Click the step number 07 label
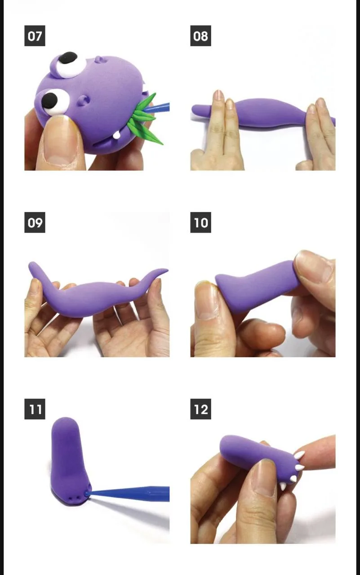tap(35, 35)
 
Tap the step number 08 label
tap(200, 35)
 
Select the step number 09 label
tap(35, 222)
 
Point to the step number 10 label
tap(200, 222)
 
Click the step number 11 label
tap(35, 409)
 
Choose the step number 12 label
tap(200, 409)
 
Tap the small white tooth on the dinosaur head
tap(117, 135)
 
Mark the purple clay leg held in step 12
tap(259, 457)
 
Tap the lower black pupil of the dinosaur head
tap(49, 101)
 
